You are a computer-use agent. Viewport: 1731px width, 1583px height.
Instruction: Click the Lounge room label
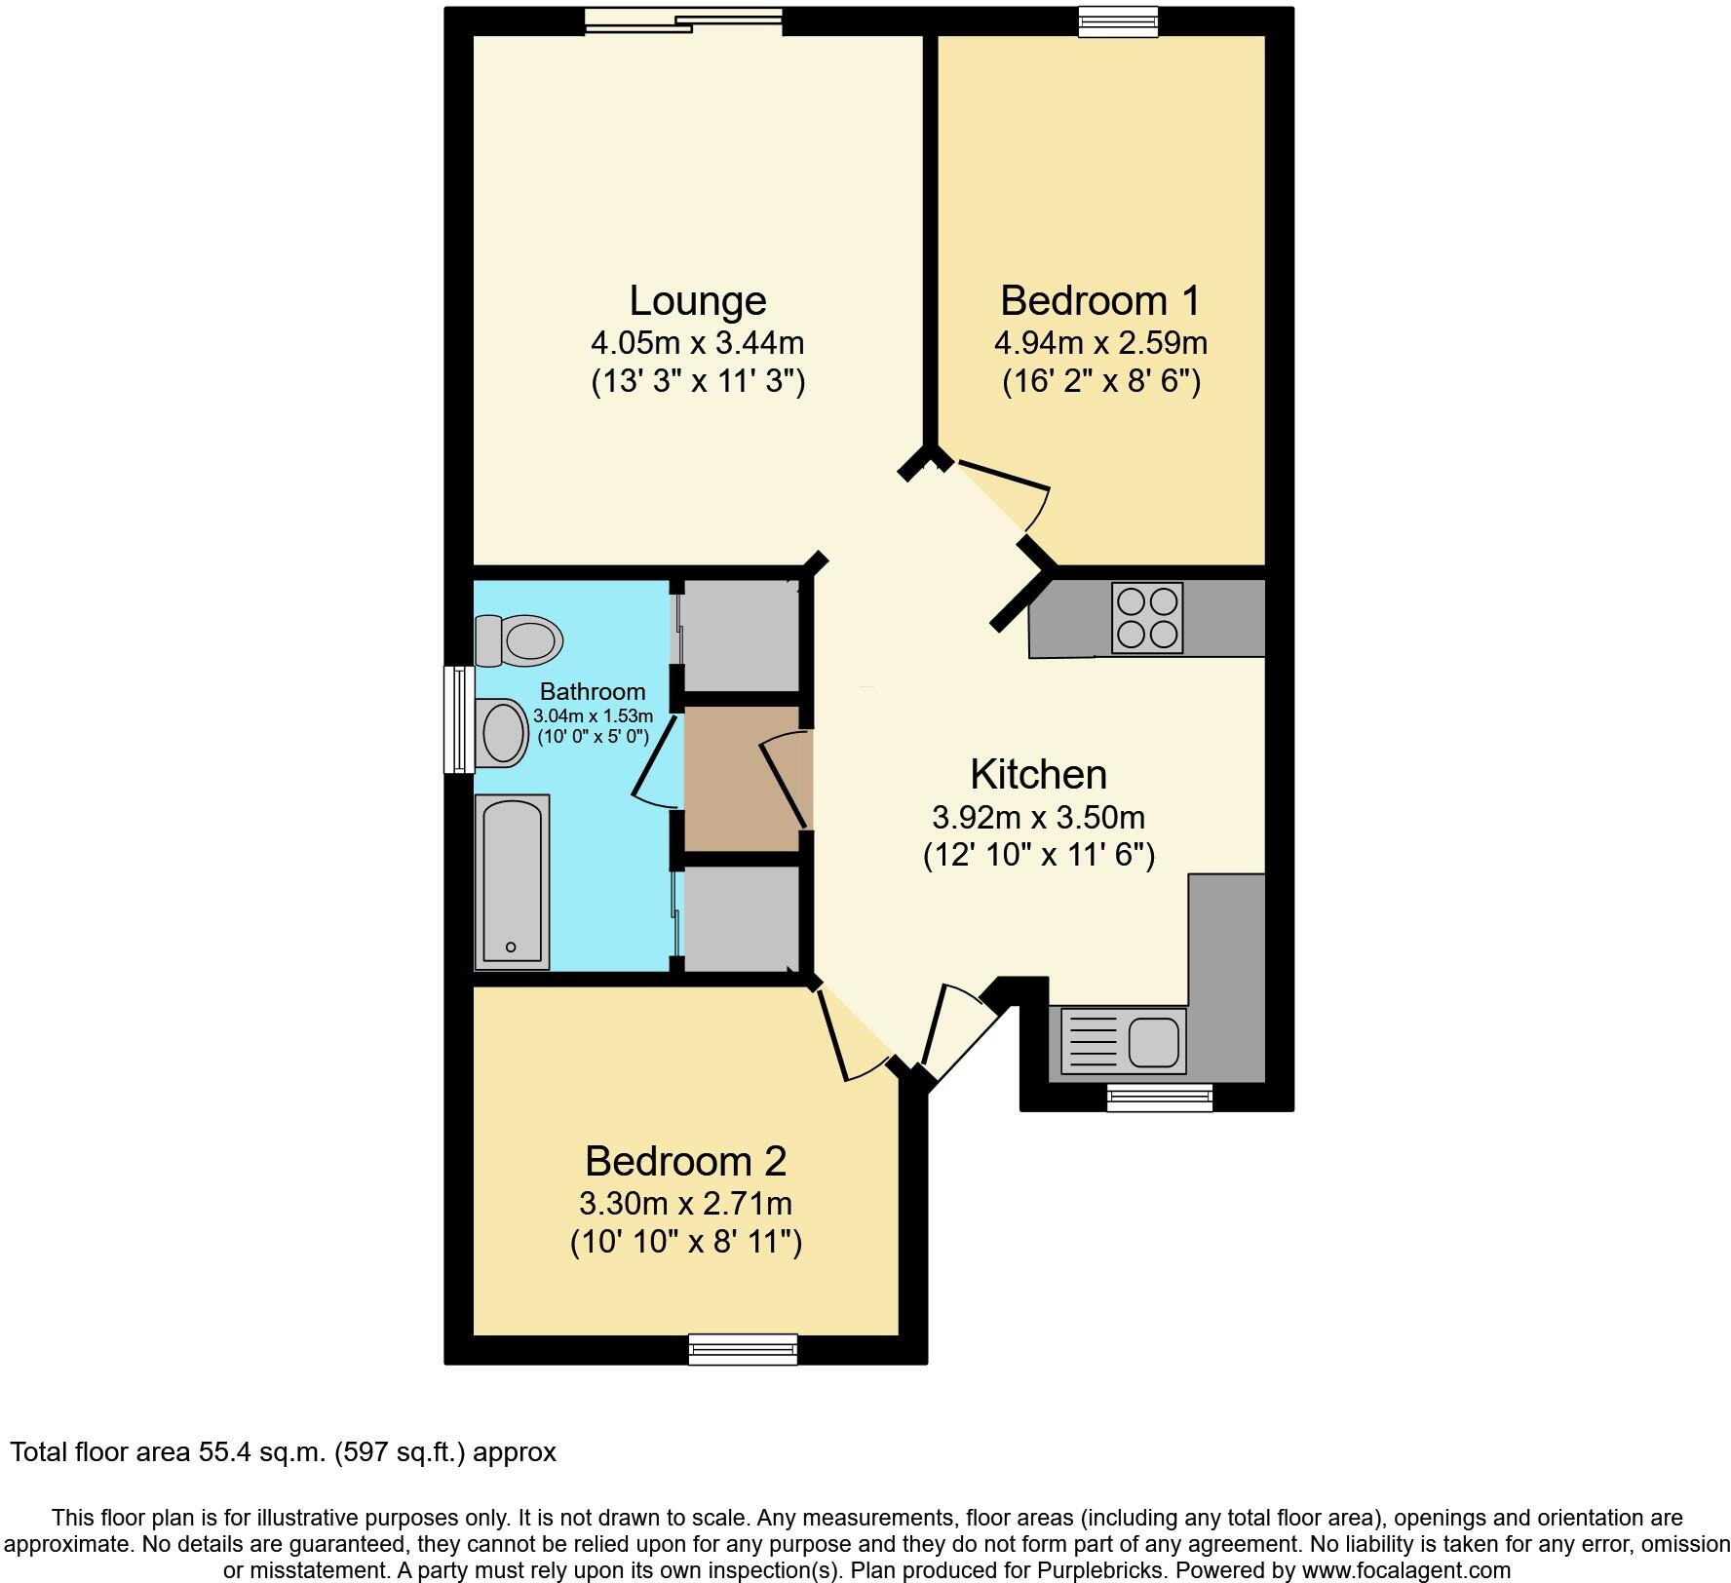697,300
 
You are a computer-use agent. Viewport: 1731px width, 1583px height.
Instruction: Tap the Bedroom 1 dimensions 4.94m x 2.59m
1100,343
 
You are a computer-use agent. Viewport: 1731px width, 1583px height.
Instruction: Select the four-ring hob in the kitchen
1147,618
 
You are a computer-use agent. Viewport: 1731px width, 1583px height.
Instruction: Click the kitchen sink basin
1155,1042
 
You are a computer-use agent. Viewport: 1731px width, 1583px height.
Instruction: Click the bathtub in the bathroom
512,882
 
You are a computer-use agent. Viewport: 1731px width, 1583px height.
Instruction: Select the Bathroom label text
592,692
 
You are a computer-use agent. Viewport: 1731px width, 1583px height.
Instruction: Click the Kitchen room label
1038,775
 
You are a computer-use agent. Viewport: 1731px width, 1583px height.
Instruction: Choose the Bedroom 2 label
685,1161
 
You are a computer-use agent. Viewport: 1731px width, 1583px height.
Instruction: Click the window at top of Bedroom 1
1118,21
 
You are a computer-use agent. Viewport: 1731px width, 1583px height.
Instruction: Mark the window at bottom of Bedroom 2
743,1349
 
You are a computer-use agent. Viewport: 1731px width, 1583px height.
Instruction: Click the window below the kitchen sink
1160,1098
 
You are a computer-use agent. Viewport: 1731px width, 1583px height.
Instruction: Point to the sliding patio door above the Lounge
684,21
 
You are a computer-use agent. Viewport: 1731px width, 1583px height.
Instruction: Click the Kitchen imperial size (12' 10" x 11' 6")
1038,856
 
